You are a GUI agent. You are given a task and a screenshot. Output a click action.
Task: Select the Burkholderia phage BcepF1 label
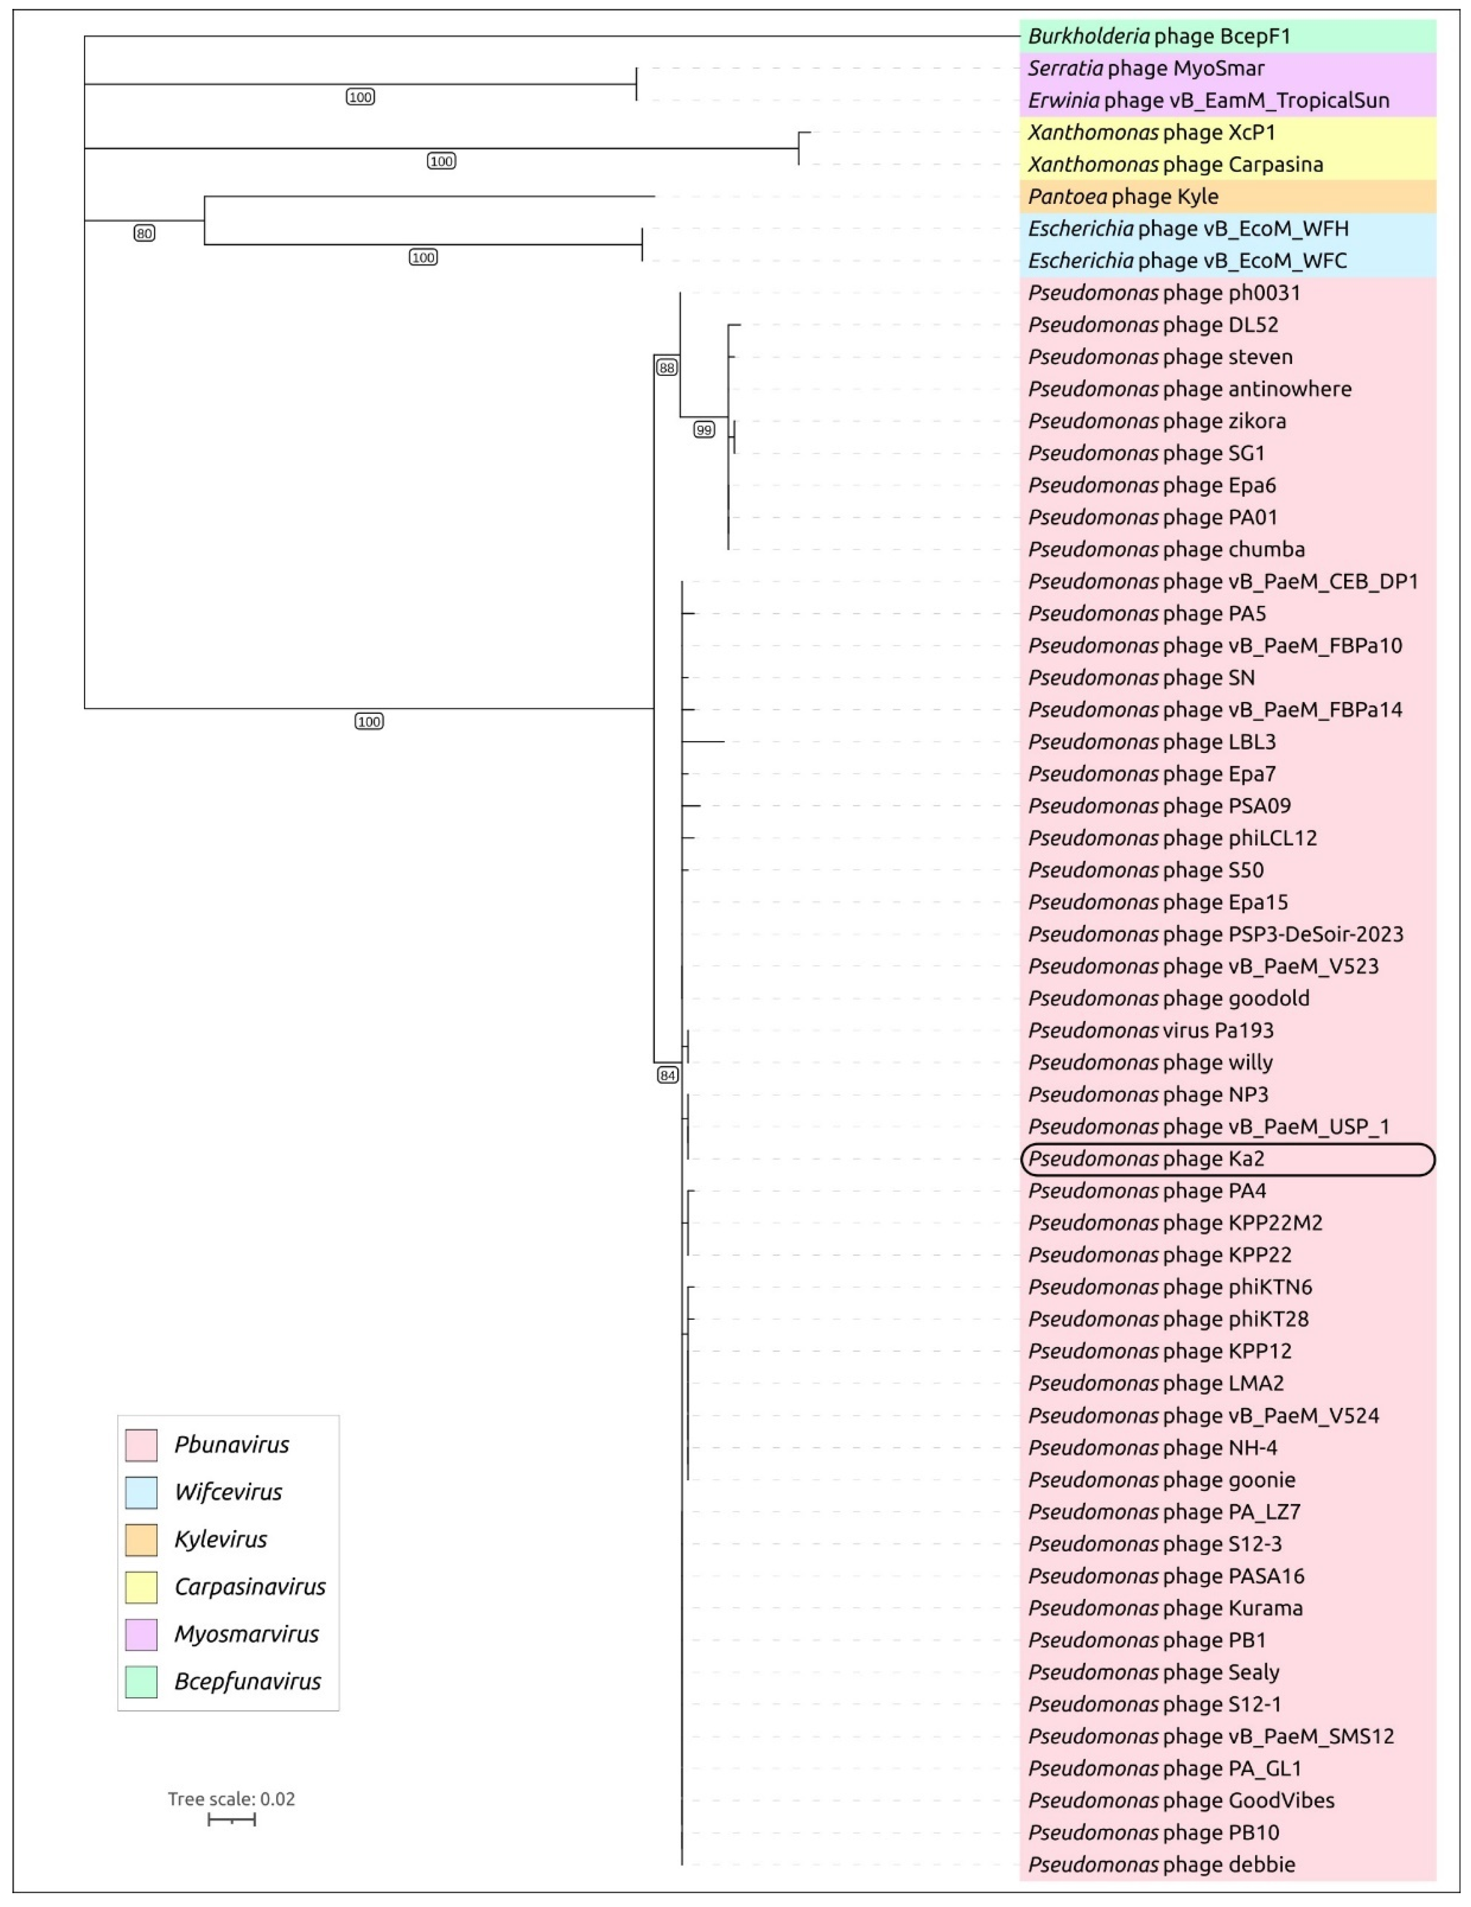(x=1158, y=36)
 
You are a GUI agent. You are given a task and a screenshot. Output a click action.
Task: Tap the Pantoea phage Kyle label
(x=1123, y=196)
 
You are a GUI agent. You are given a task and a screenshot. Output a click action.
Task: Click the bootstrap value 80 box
(x=144, y=233)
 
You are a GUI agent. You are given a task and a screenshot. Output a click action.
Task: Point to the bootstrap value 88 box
(x=666, y=368)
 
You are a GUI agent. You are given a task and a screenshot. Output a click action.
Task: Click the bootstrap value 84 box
(x=667, y=1075)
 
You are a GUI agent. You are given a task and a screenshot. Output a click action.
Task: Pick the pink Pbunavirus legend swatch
(x=142, y=1445)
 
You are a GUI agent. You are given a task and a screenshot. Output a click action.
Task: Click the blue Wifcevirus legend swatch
(x=142, y=1492)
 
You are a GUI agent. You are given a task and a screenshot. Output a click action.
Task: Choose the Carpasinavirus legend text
(x=250, y=1586)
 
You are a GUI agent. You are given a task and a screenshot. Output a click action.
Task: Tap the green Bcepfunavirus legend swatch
(x=142, y=1682)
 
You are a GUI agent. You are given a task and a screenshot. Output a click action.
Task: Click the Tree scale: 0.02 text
(x=232, y=1799)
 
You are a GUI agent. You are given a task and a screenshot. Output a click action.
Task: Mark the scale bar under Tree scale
(x=232, y=1819)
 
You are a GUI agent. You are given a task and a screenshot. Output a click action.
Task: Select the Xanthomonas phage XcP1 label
(x=1151, y=133)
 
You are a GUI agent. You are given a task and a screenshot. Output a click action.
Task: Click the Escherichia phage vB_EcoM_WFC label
(x=1187, y=260)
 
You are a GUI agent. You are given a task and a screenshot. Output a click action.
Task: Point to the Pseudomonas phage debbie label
(x=1161, y=1864)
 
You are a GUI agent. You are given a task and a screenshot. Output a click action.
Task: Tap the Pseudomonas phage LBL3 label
(x=1151, y=742)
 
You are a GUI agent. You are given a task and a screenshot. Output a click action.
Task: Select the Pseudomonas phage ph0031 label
(x=1164, y=292)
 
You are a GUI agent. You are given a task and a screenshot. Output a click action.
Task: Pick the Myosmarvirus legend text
(x=246, y=1634)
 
